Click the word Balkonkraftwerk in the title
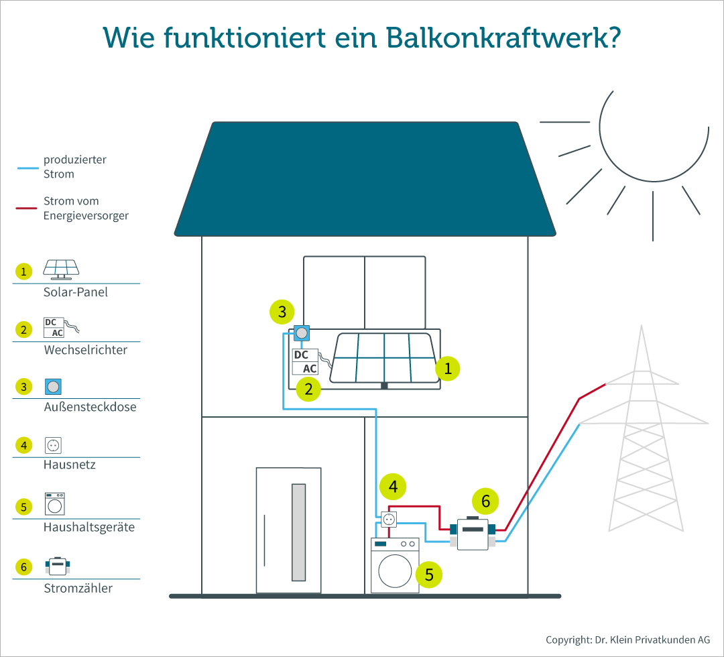coord(503,38)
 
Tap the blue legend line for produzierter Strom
coord(27,168)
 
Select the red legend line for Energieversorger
coord(26,208)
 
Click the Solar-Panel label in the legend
coord(75,292)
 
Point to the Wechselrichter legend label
coord(85,349)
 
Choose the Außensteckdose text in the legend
coord(90,407)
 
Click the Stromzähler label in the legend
coord(78,588)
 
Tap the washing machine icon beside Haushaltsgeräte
coord(54,503)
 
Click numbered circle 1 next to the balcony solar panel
coord(447,369)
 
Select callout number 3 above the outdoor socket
coord(282,312)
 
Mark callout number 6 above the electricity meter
coord(485,501)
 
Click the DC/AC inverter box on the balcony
coord(305,361)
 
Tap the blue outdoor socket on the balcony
coord(302,333)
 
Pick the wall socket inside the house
coord(389,520)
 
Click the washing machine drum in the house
coord(395,571)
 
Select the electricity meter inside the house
coord(473,534)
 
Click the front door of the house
coord(288,530)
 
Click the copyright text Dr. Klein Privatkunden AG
coord(652,640)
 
